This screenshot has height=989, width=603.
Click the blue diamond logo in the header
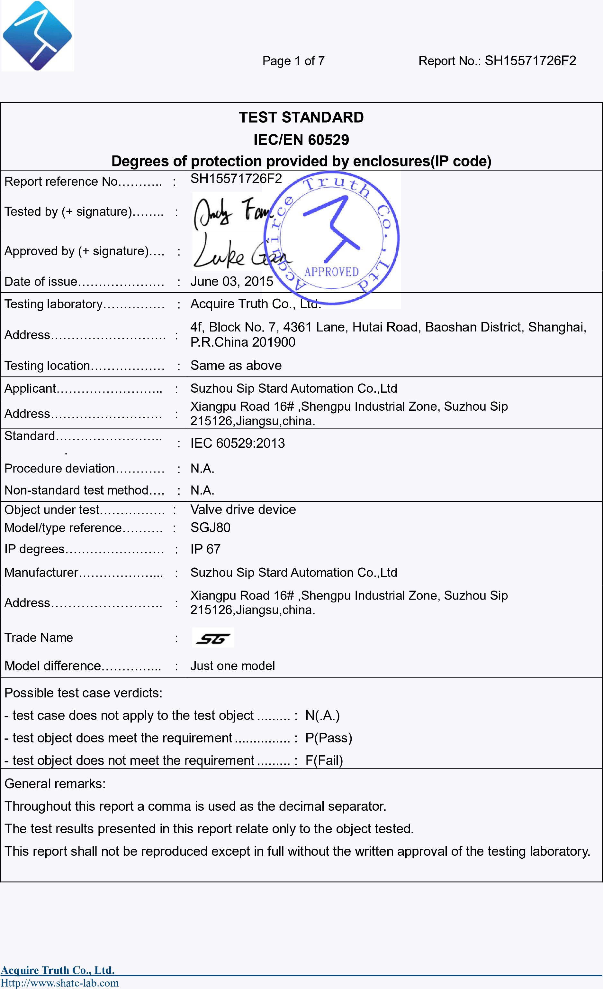coord(37,35)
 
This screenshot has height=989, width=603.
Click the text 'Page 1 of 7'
coord(293,61)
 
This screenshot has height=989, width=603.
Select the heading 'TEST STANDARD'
coord(301,117)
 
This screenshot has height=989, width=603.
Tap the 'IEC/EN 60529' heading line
coord(301,140)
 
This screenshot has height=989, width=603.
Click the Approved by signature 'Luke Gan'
coord(240,252)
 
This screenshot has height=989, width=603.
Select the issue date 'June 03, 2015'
coord(232,281)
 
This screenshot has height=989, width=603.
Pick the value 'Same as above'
coord(236,365)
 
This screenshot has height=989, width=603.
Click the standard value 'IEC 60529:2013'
coord(237,443)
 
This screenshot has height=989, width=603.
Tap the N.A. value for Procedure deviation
coord(202,468)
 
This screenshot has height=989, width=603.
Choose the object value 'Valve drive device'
coord(243,509)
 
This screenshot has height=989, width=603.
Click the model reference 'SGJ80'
coord(210,527)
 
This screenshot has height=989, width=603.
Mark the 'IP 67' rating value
coord(205,549)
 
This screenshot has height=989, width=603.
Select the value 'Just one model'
coord(232,666)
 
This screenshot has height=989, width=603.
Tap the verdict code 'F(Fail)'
coord(324,760)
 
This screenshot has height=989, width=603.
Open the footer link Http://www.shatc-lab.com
coord(60,983)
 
